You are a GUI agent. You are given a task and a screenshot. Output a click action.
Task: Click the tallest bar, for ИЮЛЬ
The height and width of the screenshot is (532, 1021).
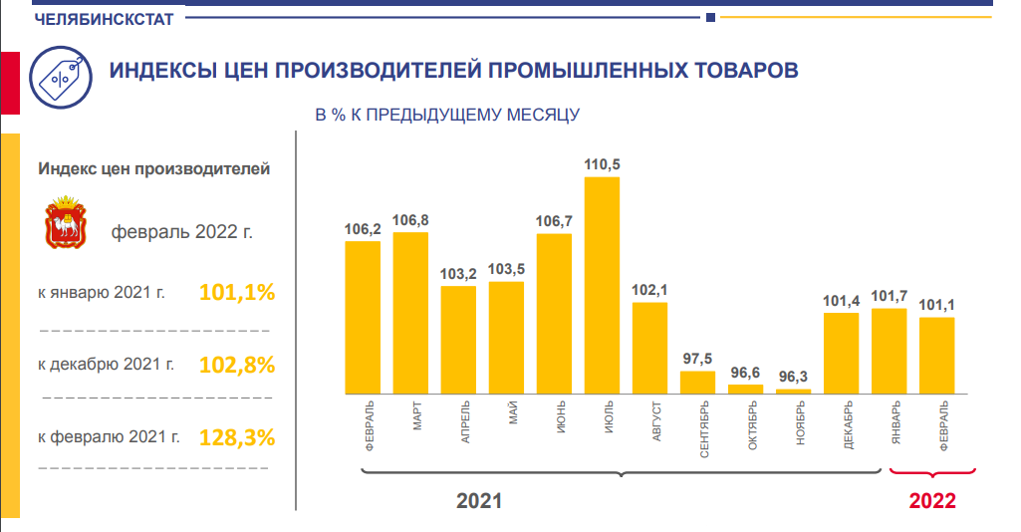coord(602,285)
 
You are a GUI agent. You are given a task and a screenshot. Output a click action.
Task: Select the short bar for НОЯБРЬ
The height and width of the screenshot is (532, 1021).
coord(793,392)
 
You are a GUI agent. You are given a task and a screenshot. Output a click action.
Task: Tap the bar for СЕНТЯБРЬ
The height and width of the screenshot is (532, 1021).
coord(697,383)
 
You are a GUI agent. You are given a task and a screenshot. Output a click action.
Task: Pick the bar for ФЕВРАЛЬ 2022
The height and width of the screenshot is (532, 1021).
coord(936,356)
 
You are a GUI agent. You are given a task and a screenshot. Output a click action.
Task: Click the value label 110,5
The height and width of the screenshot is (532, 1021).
coord(602,164)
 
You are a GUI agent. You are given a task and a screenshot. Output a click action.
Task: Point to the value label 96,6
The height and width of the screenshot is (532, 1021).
coord(745,372)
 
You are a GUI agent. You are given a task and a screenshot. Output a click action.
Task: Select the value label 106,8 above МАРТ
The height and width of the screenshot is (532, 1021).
coord(410,220)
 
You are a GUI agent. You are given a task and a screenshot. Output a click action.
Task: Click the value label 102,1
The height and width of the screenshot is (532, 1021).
coord(649,290)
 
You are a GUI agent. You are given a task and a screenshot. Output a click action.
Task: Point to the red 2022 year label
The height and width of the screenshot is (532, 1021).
coord(932,500)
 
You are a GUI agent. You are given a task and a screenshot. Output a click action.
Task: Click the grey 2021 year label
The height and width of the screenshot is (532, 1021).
coord(479,500)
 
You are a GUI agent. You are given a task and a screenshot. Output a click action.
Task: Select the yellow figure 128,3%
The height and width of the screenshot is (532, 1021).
coord(237,437)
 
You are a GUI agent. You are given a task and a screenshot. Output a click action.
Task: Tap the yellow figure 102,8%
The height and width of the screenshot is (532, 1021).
coord(237,365)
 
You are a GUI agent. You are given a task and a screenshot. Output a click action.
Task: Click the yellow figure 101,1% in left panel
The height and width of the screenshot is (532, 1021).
coord(237,293)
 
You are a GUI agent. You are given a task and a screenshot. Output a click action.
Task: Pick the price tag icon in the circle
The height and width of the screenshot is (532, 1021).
coord(62,73)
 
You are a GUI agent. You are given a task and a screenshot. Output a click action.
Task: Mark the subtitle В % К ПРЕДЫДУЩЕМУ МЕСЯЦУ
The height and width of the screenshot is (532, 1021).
coord(447,116)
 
